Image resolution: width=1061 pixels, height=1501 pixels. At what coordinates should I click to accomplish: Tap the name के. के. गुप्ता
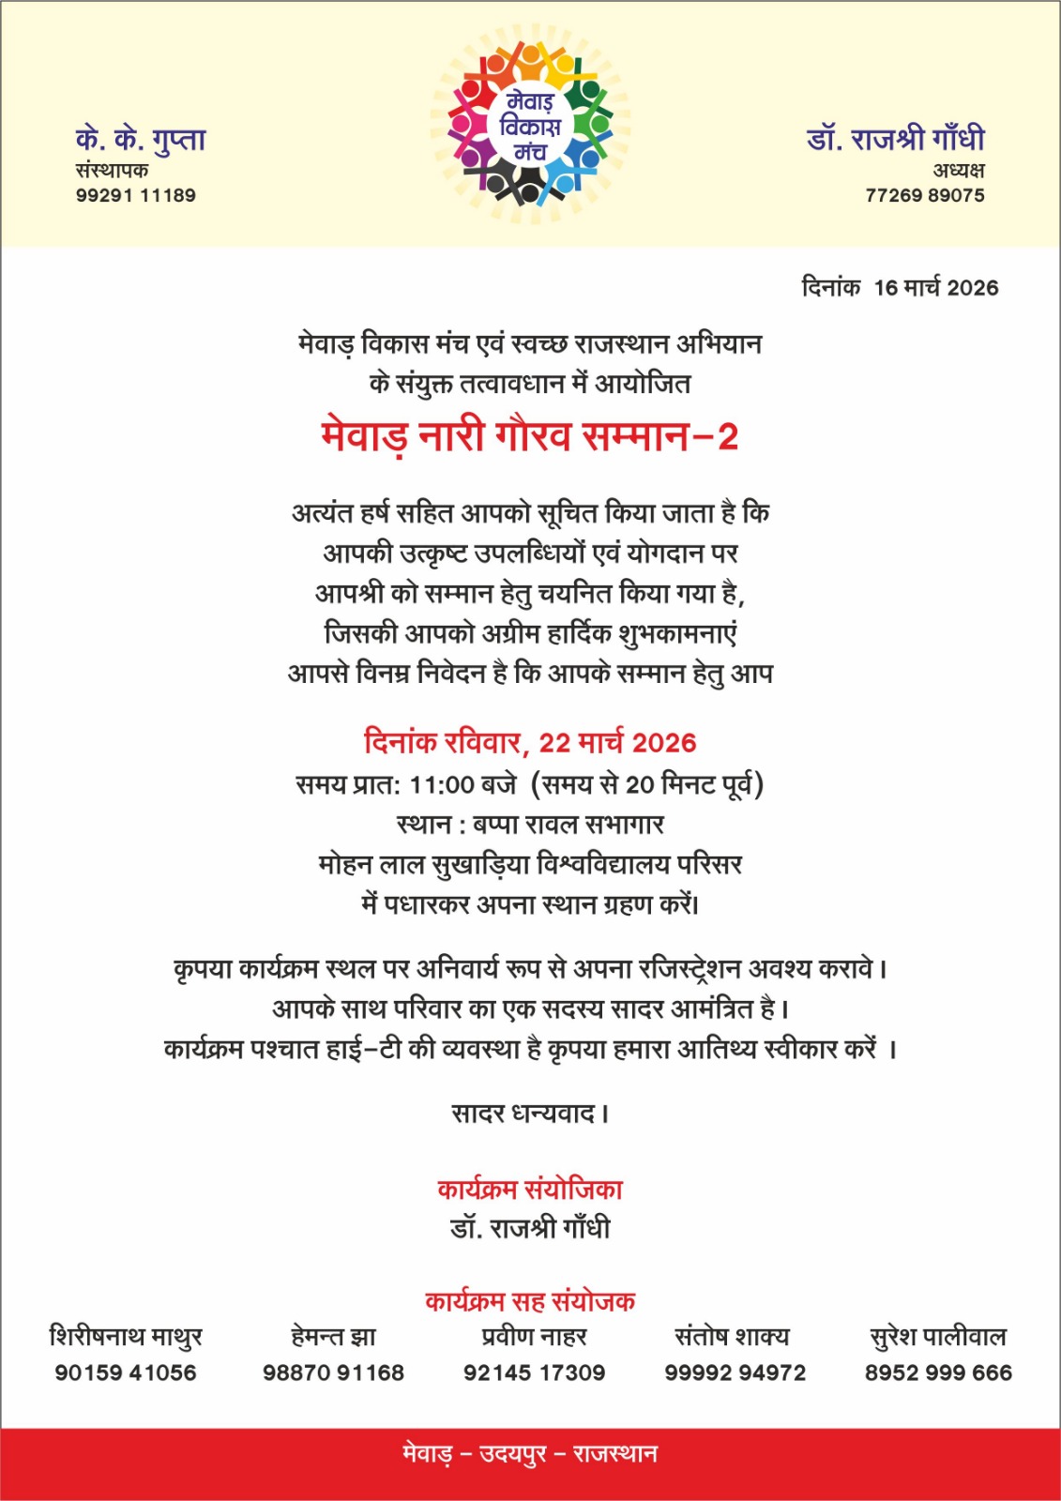click(141, 140)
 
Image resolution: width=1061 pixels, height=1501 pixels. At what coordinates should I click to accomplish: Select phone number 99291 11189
click(136, 195)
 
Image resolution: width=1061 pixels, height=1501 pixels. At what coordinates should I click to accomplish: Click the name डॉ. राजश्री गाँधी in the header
click(896, 139)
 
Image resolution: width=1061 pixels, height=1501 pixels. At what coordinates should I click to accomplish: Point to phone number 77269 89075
click(925, 195)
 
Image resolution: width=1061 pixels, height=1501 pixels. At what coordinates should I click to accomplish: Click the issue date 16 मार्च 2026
click(936, 288)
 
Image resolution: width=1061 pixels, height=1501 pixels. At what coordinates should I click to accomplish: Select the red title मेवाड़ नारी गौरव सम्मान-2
click(530, 436)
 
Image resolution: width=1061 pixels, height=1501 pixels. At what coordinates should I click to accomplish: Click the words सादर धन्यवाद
click(528, 1114)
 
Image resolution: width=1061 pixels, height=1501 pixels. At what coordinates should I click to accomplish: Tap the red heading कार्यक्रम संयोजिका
click(530, 1190)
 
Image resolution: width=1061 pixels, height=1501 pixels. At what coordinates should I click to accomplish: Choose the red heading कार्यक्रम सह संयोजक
click(530, 1301)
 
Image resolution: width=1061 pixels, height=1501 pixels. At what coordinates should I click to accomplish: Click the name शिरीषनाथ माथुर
click(126, 1336)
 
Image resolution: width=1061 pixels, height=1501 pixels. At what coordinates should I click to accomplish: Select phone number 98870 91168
click(333, 1372)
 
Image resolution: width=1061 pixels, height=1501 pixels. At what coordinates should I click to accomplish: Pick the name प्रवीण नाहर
click(534, 1336)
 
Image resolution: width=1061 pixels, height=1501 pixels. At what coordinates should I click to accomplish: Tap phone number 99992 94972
click(735, 1372)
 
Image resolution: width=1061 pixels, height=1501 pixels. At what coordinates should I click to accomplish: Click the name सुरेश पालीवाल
click(938, 1336)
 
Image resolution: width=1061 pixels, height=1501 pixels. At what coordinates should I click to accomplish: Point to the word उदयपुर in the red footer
click(513, 1454)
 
